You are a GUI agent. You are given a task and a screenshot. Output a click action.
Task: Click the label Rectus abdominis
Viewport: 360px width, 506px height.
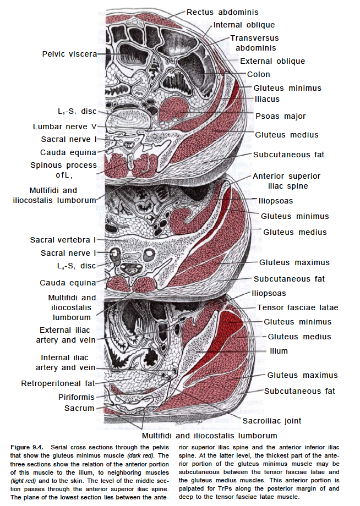tap(222, 12)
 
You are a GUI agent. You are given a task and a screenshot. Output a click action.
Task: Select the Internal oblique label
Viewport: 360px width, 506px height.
tap(244, 25)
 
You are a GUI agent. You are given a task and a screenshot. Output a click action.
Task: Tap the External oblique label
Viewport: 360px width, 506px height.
tap(272, 61)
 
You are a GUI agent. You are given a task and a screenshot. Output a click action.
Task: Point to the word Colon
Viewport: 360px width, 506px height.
tap(258, 74)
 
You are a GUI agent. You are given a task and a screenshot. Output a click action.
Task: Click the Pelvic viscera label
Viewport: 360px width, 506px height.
tap(69, 54)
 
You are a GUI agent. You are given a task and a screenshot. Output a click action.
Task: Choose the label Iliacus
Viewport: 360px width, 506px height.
tap(266, 99)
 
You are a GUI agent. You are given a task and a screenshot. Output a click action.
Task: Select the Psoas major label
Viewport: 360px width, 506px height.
tap(280, 116)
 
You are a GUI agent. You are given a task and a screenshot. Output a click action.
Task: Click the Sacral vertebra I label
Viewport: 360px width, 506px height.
tap(63, 240)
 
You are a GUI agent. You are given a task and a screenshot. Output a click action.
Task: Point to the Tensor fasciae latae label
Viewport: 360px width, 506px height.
tap(298, 307)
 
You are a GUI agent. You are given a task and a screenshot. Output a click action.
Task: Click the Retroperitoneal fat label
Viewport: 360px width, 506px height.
tap(58, 383)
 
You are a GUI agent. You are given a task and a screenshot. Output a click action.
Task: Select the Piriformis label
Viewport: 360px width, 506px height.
tap(77, 397)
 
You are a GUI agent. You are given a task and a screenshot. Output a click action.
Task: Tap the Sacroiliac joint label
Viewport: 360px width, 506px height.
tap(272, 421)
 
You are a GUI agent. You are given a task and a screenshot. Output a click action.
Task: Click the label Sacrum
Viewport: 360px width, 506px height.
tap(79, 408)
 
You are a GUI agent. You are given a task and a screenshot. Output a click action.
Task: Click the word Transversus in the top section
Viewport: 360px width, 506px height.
tap(254, 38)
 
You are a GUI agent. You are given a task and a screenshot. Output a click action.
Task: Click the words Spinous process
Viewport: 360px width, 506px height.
tap(63, 165)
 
